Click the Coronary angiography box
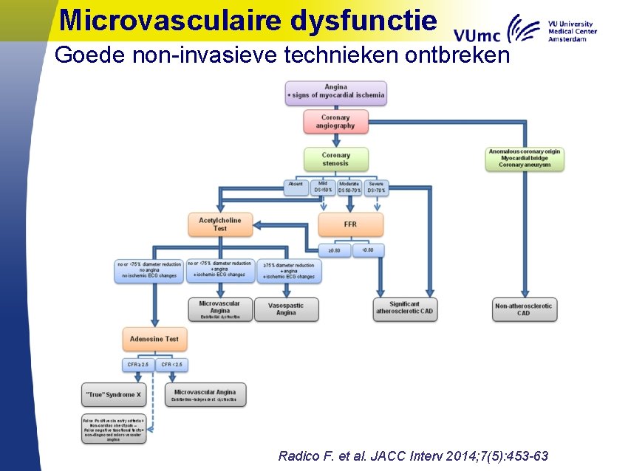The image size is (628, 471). [335, 122]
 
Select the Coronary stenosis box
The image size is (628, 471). [335, 159]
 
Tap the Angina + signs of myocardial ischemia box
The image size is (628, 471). [335, 92]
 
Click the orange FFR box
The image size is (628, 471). [350, 224]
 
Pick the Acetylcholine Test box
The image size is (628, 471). [220, 224]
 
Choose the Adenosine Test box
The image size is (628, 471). [154, 339]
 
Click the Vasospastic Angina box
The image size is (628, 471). [286, 309]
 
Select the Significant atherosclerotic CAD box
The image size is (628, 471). [405, 309]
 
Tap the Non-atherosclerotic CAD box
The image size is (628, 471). [524, 309]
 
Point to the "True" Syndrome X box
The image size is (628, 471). [114, 395]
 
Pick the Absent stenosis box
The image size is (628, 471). [296, 188]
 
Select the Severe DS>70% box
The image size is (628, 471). [376, 188]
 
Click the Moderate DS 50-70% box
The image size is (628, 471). [349, 188]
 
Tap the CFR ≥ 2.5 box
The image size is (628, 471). [138, 365]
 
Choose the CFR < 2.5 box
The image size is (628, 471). [171, 365]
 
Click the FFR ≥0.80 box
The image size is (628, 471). [335, 250]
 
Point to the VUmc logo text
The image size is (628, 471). [477, 35]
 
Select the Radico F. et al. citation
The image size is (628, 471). [413, 455]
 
